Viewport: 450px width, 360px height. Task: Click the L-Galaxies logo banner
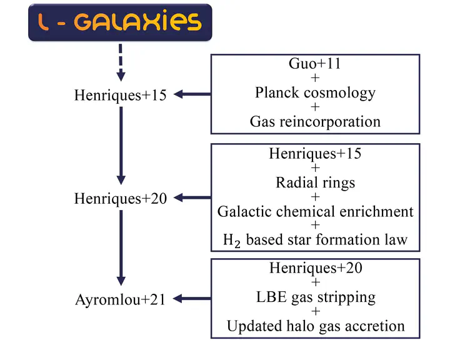point(120,22)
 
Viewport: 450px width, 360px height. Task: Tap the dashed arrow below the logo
point(121,62)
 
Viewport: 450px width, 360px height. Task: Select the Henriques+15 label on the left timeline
point(120,95)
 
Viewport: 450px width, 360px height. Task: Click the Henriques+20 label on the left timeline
point(121,199)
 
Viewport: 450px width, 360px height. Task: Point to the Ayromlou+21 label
point(121,300)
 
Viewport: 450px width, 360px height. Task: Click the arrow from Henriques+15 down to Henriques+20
point(121,146)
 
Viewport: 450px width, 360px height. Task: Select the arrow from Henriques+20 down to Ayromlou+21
point(121,247)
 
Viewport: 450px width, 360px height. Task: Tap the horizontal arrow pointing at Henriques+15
point(192,94)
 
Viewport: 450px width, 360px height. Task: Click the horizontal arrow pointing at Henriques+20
point(192,197)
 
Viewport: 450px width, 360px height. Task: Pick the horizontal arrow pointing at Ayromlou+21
point(192,299)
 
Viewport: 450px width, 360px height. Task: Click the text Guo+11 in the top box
point(315,64)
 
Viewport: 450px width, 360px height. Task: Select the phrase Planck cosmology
point(315,93)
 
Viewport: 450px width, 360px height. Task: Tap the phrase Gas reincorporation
point(315,122)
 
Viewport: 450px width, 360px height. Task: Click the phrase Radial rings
point(316,183)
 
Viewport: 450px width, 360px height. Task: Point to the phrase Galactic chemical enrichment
point(316,212)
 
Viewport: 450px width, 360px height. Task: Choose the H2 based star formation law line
point(315,240)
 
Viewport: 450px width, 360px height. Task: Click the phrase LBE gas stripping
point(316,297)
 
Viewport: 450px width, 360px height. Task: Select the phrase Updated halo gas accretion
point(316,326)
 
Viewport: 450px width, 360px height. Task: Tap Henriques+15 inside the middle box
point(315,154)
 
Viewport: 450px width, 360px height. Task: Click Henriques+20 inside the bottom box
point(316,268)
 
